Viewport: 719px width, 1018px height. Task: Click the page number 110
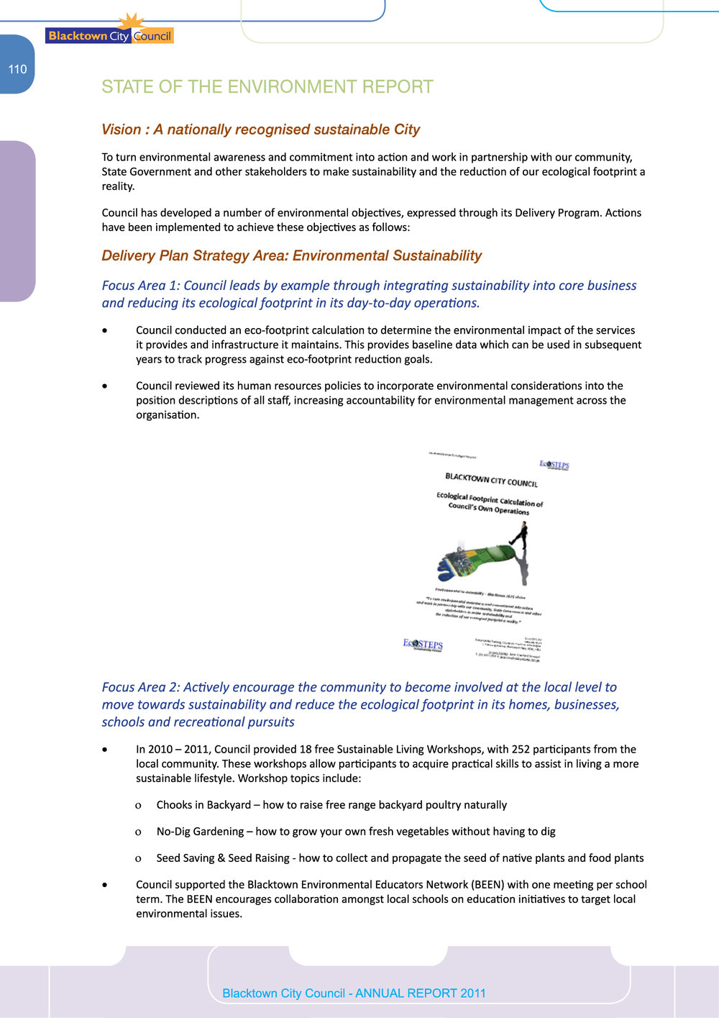tap(17, 69)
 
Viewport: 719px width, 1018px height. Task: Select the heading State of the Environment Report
tap(267, 87)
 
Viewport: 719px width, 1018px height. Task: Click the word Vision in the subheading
tap(121, 129)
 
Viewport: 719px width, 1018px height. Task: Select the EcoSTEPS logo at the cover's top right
tap(554, 465)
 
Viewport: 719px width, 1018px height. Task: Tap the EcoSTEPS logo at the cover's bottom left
tap(423, 645)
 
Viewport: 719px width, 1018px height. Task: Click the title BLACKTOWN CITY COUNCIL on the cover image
tap(491, 480)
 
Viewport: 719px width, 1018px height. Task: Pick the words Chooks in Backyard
tap(203, 805)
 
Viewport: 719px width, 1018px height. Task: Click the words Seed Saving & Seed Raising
tap(222, 858)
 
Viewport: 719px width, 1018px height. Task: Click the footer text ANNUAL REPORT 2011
tap(421, 994)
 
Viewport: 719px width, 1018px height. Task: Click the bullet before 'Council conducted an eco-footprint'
tap(106, 331)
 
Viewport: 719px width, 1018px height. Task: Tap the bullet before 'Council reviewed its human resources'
tap(106, 386)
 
